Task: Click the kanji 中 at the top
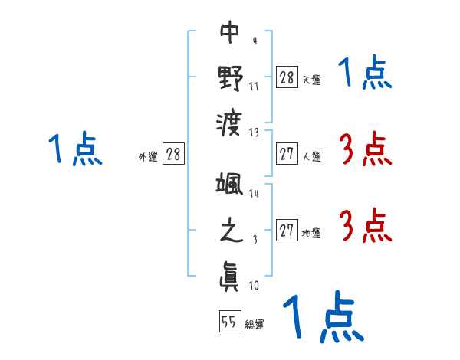[230, 32]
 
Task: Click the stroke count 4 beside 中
[254, 41]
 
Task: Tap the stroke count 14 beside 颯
[254, 194]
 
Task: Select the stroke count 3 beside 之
[254, 240]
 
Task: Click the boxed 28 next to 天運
[287, 77]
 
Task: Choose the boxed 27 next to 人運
[287, 153]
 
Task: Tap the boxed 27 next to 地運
[287, 230]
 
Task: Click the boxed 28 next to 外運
[173, 154]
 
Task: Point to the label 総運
[255, 325]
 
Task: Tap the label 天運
[311, 80]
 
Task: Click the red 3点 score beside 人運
[365, 149]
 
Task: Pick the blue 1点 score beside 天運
[365, 74]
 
